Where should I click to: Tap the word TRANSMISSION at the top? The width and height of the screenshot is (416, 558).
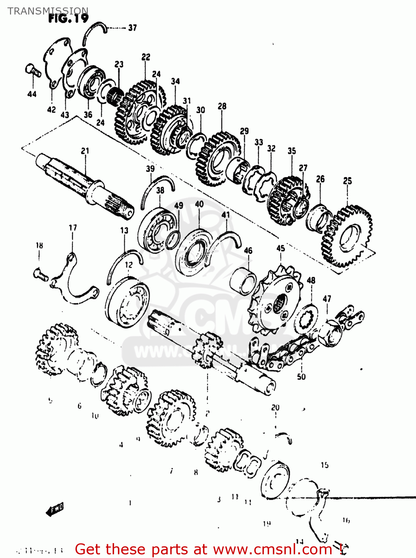48,11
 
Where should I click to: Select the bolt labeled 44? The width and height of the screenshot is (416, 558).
33,70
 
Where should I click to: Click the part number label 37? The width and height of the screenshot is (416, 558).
132,28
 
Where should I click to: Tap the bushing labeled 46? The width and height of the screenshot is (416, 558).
244,281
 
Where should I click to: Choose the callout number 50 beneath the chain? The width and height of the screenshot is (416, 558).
301,376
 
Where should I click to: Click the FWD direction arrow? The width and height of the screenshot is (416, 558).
55,509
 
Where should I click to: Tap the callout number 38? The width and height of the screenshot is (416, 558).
160,190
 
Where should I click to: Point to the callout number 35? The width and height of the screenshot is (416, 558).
291,151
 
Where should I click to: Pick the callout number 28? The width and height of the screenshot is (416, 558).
222,106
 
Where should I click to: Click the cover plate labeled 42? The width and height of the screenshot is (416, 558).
56,63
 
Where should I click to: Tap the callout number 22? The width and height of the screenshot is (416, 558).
146,57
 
